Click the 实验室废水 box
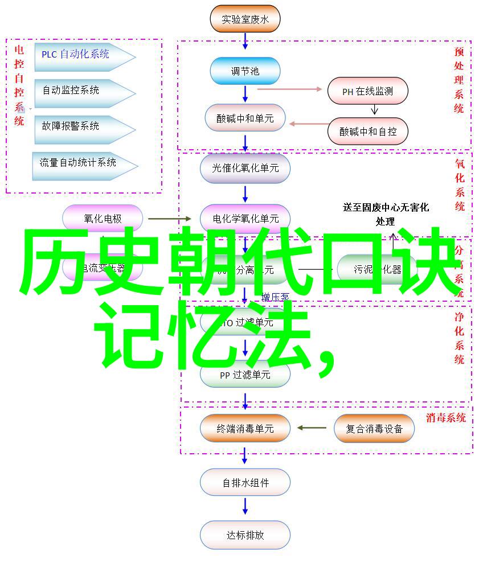coord(245,19)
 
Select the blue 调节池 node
coord(245,71)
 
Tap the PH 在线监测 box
coord(367,91)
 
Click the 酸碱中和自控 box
coord(367,131)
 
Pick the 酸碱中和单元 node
coord(245,118)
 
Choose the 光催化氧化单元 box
coord(245,168)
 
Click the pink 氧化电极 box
coord(103,219)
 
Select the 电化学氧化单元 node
coord(245,219)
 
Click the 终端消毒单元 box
coord(245,429)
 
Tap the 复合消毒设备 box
coord(374,429)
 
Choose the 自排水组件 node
coord(245,483)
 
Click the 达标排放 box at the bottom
coord(245,535)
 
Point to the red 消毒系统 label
coord(445,417)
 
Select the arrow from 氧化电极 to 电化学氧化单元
coord(170,219)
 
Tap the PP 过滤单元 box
coord(245,375)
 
